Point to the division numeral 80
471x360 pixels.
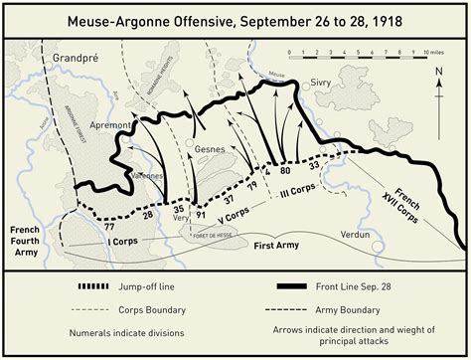pyautogui.click(x=284, y=171)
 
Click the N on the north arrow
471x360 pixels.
pyautogui.click(x=439, y=71)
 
